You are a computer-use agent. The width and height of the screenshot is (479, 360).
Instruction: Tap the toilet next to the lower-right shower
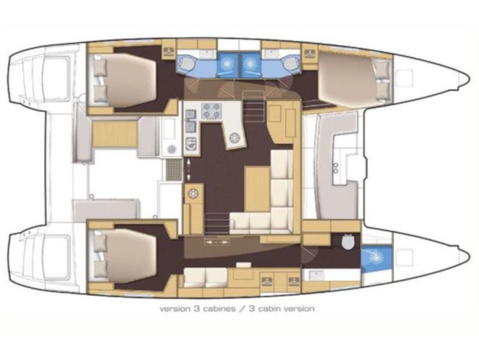pos(345,241)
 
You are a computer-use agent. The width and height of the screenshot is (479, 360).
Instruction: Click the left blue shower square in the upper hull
pos(226,63)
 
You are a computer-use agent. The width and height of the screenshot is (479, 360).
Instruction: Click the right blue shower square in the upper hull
pos(249,63)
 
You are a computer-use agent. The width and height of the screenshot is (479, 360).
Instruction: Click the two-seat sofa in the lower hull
pos(205,276)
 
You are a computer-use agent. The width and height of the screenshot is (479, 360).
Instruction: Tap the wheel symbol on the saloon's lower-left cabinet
pos(193,194)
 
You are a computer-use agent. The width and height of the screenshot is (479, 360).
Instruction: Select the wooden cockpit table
pos(114,133)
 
